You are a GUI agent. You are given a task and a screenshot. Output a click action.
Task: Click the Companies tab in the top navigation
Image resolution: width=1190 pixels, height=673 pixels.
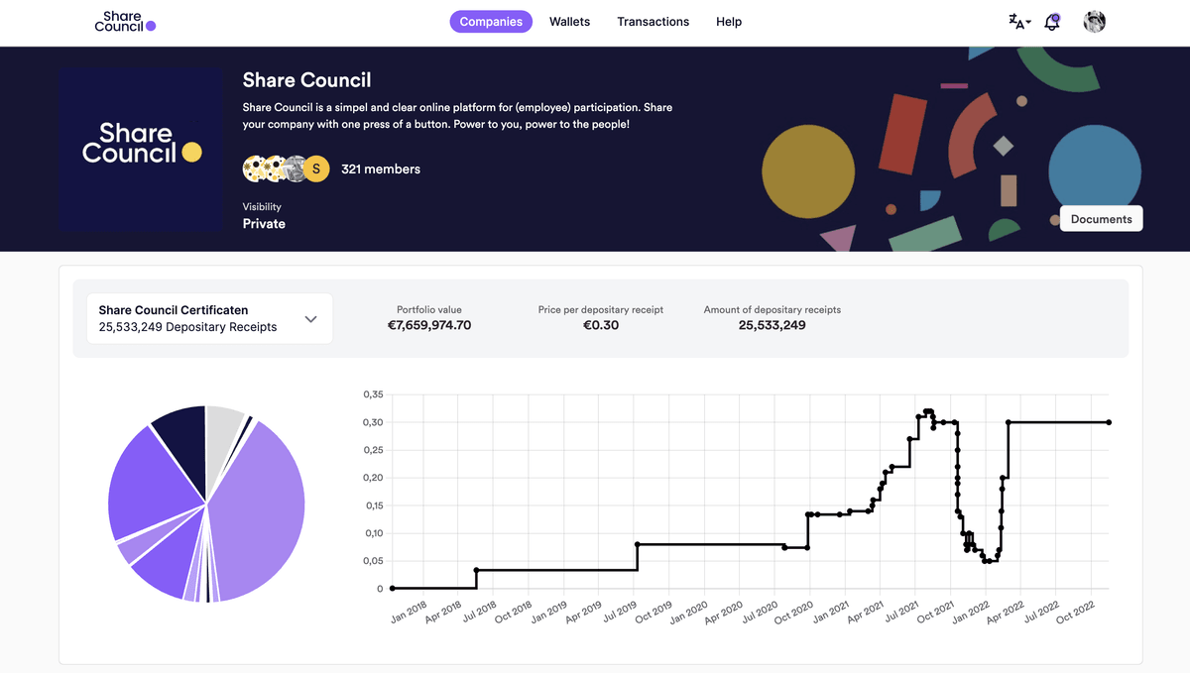pos(491,22)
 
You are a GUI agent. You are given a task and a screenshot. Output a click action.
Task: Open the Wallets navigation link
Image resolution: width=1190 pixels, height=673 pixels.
pos(569,22)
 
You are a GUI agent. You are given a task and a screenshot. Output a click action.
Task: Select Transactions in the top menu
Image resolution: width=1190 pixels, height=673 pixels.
pos(653,22)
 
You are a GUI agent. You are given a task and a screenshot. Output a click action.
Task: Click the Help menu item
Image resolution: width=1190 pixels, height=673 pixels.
pos(729,22)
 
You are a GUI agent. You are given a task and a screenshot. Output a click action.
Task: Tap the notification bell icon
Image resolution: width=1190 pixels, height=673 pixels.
pos(1052,22)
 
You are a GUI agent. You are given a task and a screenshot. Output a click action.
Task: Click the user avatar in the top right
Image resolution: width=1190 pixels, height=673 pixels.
pos(1094,22)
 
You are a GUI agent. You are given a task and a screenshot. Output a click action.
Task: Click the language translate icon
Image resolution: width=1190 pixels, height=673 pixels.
pos(1017,22)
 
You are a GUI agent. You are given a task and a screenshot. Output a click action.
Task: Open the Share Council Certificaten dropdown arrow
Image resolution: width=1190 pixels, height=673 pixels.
pos(310,319)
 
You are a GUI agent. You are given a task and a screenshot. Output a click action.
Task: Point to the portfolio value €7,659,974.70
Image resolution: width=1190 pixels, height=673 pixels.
pos(429,325)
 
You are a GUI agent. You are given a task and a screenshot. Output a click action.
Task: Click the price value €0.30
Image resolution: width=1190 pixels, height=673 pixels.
pos(600,325)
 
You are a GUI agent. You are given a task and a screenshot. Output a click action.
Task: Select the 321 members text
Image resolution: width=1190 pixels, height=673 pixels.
pos(381,169)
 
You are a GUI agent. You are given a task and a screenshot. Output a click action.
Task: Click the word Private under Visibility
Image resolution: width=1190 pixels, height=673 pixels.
pos(264,224)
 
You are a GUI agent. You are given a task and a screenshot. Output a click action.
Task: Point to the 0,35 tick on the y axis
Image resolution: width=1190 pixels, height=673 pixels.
pos(373,394)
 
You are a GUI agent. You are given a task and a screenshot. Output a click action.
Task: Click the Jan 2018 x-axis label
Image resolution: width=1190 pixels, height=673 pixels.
pos(410,612)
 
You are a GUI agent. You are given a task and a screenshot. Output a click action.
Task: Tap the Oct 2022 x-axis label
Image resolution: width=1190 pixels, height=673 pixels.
pos(1076,612)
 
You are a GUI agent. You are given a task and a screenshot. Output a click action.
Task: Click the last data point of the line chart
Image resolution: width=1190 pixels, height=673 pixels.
pos(1109,422)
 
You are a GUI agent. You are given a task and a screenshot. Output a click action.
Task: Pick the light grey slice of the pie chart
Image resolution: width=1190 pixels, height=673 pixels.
pos(224,426)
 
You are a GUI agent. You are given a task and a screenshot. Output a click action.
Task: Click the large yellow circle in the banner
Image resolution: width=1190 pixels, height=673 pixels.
pos(807,172)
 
